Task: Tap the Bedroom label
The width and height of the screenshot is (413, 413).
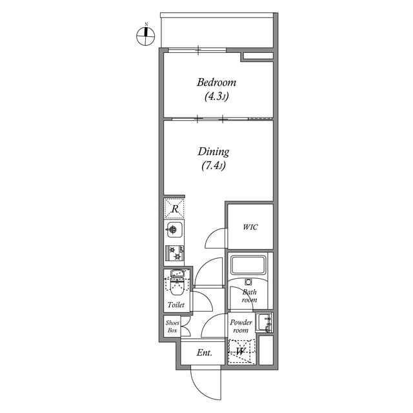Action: tap(216, 83)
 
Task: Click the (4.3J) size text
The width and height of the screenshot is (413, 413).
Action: tap(216, 97)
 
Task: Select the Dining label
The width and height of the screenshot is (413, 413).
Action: tap(214, 152)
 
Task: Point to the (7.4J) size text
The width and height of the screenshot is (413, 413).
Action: tap(214, 166)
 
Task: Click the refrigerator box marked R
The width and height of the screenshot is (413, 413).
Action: tap(174, 208)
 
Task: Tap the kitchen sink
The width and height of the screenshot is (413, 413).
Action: tap(174, 229)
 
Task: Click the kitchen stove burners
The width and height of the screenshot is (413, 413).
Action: tap(174, 252)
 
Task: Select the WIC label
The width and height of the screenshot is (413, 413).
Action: tap(250, 227)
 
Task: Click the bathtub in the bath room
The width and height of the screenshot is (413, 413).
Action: tap(249, 265)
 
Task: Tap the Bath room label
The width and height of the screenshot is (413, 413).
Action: tap(249, 296)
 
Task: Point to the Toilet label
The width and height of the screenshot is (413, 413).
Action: tap(176, 305)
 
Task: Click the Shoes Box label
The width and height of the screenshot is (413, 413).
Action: tap(172, 327)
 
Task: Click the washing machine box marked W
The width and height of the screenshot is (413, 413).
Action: tap(241, 352)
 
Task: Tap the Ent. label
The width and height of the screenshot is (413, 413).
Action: tap(205, 352)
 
